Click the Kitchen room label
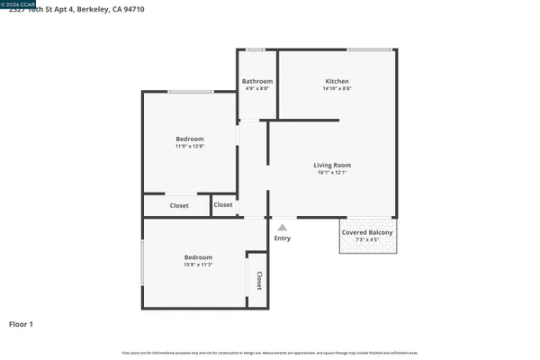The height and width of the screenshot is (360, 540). point(337,81)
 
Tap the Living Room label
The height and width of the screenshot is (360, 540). point(332,165)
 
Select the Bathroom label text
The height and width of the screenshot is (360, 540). point(257,81)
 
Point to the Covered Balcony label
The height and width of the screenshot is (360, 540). point(367,232)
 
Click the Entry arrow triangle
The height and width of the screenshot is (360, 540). point(283,228)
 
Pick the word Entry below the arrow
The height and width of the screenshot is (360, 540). point(283,238)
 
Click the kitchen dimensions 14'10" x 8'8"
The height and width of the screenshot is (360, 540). point(337,88)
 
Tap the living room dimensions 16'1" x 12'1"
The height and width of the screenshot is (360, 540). point(332,173)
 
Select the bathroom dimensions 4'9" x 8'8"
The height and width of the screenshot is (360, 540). point(257,88)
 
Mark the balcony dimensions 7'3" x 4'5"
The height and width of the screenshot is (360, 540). point(367,240)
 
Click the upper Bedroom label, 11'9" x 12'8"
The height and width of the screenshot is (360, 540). point(190,139)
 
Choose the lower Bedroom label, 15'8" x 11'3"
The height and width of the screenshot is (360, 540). point(198,256)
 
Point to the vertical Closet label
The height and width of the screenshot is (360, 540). point(259,281)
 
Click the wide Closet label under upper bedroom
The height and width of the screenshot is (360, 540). point(179,206)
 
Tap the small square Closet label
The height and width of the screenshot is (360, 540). point(223,205)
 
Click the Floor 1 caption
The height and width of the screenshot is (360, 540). point(21,323)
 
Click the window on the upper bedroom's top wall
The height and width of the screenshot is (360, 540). point(190,92)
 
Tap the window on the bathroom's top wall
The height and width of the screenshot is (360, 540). point(256,49)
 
